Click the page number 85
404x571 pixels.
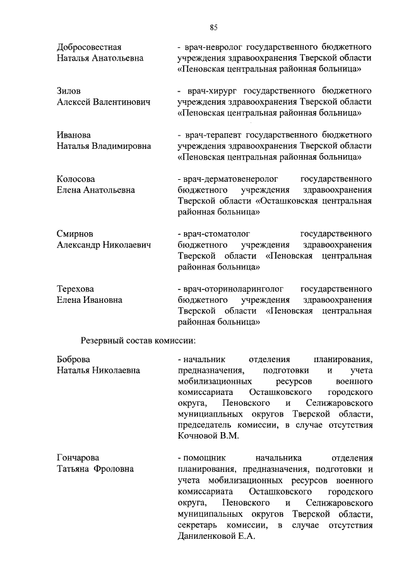pos(214,27)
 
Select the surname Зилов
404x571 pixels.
pos(69,91)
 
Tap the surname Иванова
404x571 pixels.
pos(74,136)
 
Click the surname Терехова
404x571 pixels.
pos(76,288)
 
